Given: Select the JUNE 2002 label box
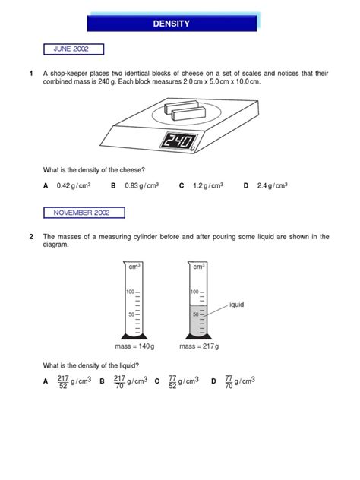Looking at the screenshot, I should [x=71, y=49].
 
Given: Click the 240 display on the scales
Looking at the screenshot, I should [x=179, y=141].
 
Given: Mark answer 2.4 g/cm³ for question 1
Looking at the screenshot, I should [x=271, y=185].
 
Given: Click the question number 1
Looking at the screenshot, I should [x=31, y=74].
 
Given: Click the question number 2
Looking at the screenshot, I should [x=31, y=237].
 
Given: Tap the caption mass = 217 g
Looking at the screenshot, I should [x=199, y=347].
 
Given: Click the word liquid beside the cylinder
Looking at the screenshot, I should [x=236, y=305].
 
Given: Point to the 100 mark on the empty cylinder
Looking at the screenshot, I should [x=130, y=292].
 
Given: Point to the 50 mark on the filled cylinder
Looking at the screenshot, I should [x=194, y=314].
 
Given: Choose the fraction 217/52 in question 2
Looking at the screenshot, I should [x=65, y=382].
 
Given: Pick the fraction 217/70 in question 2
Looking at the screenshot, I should [x=120, y=382].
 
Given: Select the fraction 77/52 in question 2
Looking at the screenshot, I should [x=173, y=382].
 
